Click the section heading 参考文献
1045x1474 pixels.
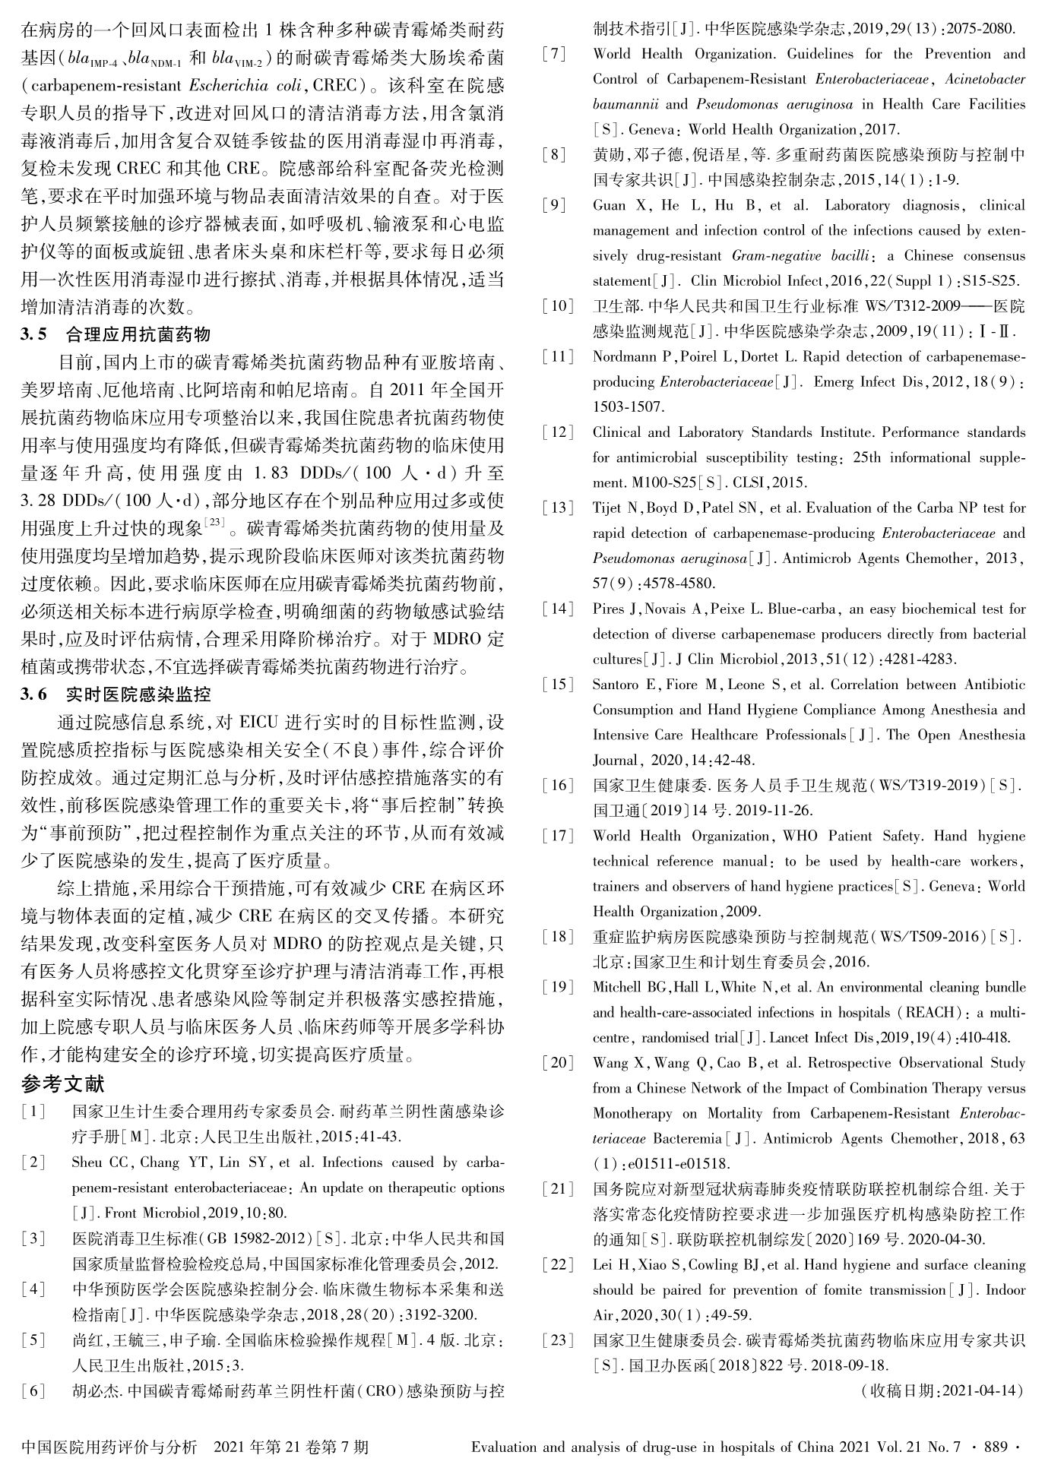62,1084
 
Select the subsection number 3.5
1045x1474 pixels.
34,334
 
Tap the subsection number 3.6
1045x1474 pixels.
34,694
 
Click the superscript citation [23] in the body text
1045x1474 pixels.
217,521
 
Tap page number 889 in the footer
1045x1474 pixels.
994,1447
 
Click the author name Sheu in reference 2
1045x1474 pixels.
87,1162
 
